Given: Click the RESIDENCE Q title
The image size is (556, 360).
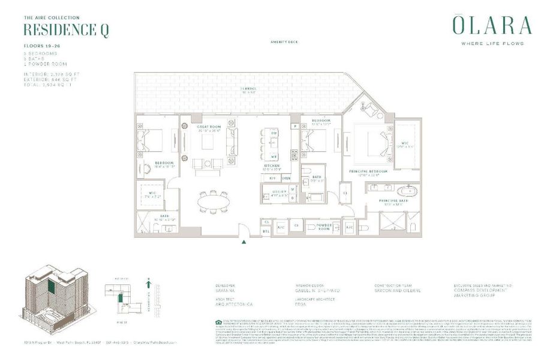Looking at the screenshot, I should coord(66,30).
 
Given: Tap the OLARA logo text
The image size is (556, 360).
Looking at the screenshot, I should coord(492,26).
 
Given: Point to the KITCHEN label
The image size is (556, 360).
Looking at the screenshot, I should coord(273,168).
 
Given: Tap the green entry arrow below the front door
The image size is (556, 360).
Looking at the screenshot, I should coord(244,242).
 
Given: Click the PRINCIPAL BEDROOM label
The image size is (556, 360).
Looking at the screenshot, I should coord(368,172).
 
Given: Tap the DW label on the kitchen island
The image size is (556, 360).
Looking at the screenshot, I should coord(274,133).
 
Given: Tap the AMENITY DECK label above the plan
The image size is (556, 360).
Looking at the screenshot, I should coord(284,42).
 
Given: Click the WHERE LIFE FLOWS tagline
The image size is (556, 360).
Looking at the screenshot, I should coord(492,43).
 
